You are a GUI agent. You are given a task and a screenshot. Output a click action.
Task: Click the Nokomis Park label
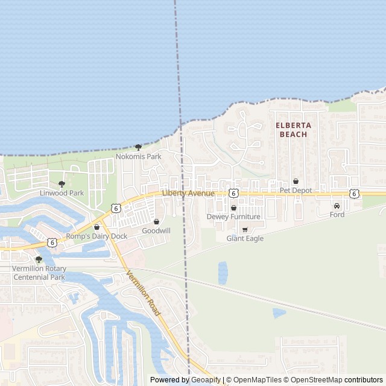point(138,157)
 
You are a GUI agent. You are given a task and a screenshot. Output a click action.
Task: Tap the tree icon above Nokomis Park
point(138,147)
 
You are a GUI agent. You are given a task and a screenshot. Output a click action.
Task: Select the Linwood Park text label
point(62,193)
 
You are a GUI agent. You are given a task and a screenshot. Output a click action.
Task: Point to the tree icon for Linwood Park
point(62,184)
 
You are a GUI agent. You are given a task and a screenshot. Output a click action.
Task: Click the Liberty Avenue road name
point(188,193)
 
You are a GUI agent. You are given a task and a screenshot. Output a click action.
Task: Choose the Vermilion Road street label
point(143,294)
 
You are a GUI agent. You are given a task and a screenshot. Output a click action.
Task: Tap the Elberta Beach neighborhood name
point(294,130)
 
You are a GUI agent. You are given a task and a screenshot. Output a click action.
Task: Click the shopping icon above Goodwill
point(156,222)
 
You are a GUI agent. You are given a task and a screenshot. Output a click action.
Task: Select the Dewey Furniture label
point(233,217)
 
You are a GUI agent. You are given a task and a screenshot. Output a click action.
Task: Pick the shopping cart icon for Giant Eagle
point(245,230)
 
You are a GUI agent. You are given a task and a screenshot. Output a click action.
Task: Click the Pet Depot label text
point(296,190)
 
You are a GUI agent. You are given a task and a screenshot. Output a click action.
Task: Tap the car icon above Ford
point(337,206)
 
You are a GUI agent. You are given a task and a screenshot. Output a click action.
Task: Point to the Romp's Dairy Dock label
point(96,236)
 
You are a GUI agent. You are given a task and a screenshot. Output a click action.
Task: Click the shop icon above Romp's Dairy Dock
point(96,227)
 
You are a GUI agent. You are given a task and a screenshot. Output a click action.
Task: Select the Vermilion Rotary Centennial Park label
point(39,273)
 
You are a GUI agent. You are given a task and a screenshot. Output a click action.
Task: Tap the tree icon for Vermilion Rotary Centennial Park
point(39,260)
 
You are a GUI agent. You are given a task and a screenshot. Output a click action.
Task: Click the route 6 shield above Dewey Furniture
point(233,193)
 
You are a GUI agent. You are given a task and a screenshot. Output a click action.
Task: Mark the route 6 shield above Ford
point(354,193)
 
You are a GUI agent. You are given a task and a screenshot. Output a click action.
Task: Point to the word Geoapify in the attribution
point(206,380)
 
